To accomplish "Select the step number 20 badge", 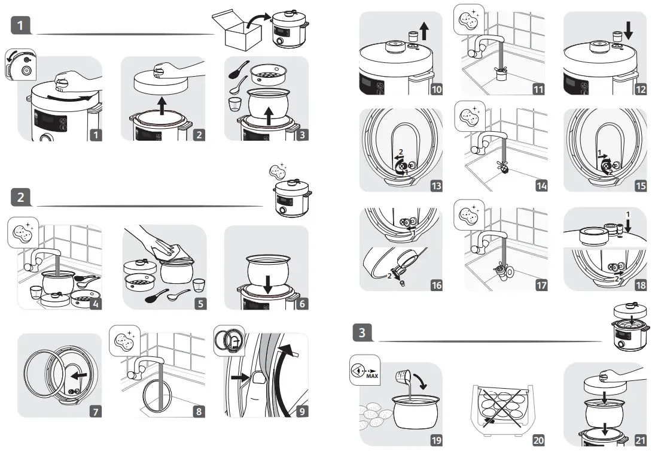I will tap(538, 440).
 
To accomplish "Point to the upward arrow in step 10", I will tap(425, 31).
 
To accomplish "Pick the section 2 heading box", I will tap(21, 197).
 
